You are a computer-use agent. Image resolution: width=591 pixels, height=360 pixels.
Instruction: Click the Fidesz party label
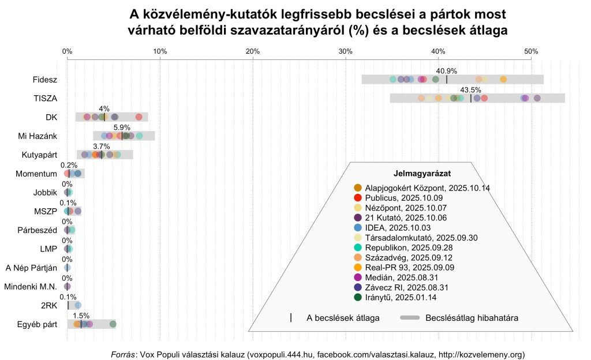[x=46, y=80]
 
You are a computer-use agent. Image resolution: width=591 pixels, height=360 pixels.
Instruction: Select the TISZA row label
[x=46, y=99]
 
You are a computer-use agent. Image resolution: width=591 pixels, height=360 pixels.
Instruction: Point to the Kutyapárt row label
[x=39, y=155]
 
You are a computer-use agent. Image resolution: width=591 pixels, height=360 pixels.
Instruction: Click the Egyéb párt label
[x=38, y=324]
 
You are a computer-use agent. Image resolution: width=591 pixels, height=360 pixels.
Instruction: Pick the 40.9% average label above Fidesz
[x=447, y=71]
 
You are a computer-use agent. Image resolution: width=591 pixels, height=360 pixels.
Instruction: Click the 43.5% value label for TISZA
[x=471, y=90]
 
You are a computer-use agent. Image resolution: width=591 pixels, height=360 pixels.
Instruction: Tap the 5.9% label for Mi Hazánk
[x=122, y=127]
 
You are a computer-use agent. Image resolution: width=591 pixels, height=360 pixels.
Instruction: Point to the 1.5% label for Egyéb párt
[x=81, y=316]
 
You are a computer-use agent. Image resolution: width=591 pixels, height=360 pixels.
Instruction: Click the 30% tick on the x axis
[x=346, y=51]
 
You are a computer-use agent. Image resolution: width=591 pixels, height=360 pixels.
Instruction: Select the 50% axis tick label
[x=531, y=51]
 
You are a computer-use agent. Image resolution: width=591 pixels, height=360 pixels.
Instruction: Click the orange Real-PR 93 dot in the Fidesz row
[x=503, y=80]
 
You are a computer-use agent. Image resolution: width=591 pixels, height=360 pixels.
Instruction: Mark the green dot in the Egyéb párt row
[x=113, y=324]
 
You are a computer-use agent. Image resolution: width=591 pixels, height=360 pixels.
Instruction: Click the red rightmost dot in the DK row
[x=139, y=117]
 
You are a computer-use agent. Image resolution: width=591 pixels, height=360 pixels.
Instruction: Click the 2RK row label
[x=50, y=305]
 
